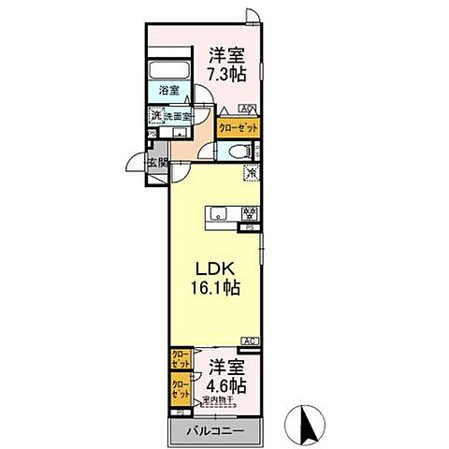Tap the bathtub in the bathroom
click(x=169, y=71)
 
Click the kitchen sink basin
click(x=216, y=213)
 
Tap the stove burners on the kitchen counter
click(x=249, y=212)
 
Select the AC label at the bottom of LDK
click(x=249, y=340)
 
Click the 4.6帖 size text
click(x=226, y=384)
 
